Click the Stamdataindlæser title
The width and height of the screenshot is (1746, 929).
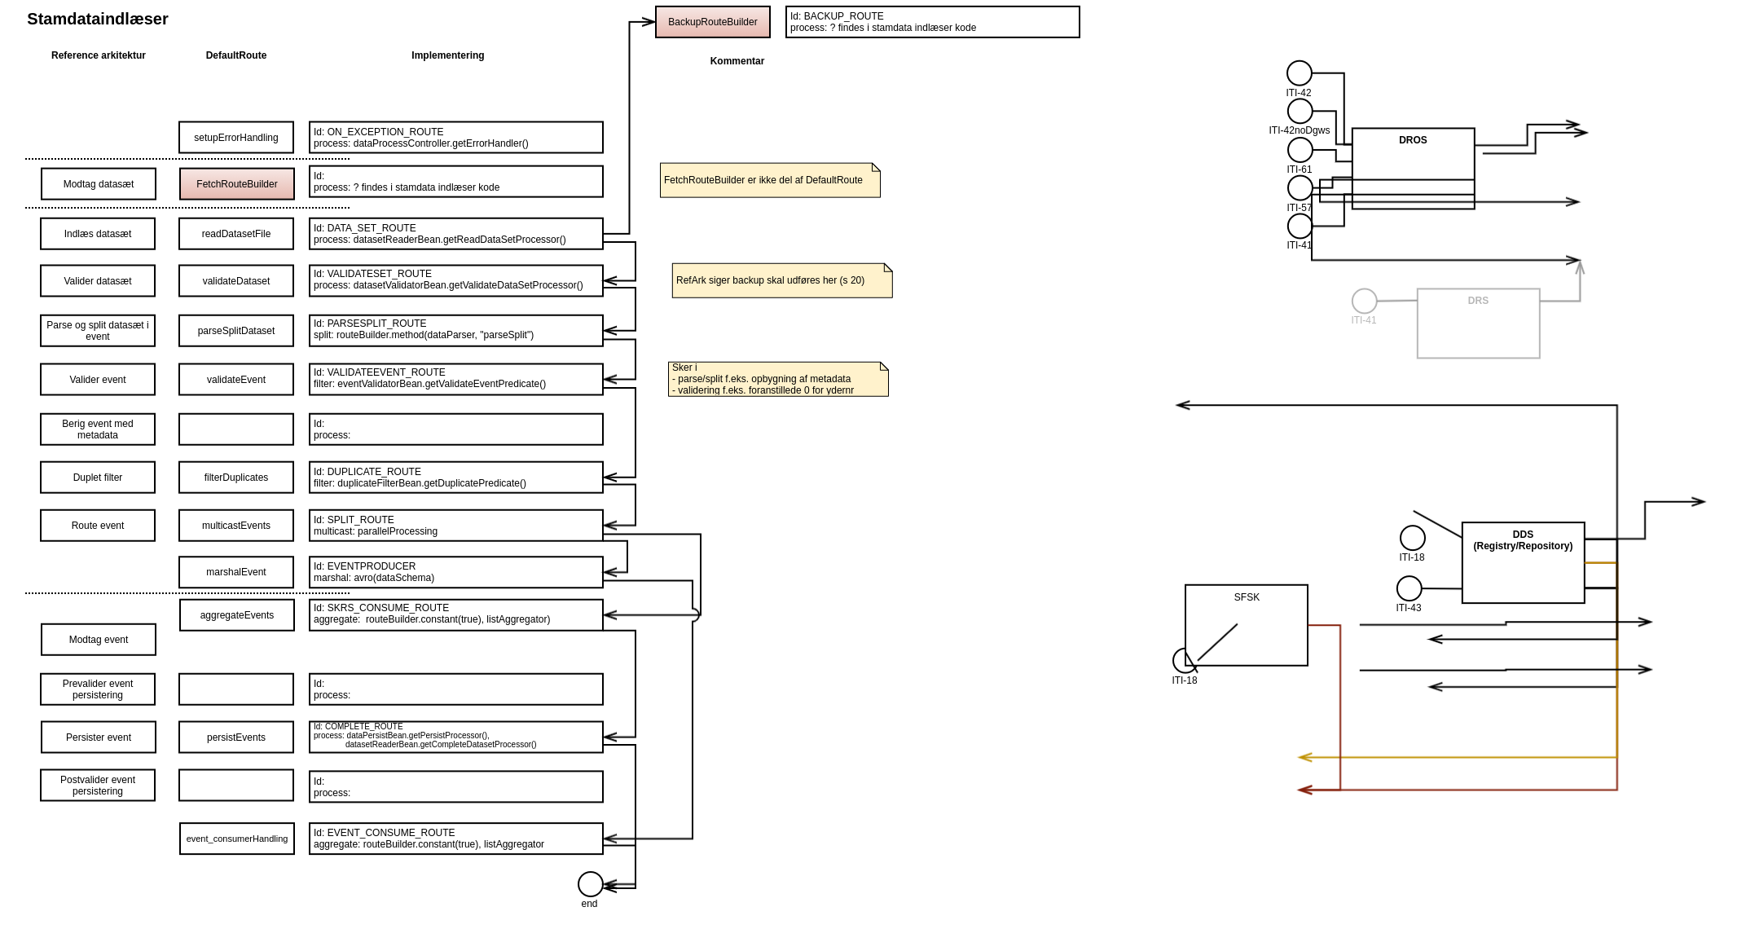tap(98, 20)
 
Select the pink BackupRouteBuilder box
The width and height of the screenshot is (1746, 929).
tap(712, 22)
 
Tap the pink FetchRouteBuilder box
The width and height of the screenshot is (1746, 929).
tap(236, 184)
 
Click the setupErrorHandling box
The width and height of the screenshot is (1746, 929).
tap(236, 138)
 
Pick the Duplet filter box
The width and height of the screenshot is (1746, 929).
tap(98, 478)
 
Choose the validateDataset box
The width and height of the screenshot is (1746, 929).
tap(236, 281)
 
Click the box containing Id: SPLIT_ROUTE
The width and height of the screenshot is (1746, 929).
tap(455, 526)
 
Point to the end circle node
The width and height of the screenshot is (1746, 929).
tap(590, 883)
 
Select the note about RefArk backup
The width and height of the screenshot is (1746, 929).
tap(781, 280)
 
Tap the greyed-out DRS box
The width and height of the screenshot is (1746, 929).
tap(1478, 324)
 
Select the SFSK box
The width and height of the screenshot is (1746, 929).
tap(1246, 624)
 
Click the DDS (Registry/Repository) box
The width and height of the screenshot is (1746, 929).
tap(1523, 562)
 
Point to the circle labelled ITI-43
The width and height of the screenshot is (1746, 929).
tap(1409, 588)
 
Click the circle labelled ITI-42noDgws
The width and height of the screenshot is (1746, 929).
tap(1300, 111)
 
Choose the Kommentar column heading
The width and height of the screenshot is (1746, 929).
tap(737, 61)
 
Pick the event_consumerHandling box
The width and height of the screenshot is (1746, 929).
tap(236, 839)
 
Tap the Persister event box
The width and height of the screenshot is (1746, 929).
tap(99, 737)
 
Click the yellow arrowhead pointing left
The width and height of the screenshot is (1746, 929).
tap(1304, 757)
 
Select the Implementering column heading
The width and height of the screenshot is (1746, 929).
tap(447, 55)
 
